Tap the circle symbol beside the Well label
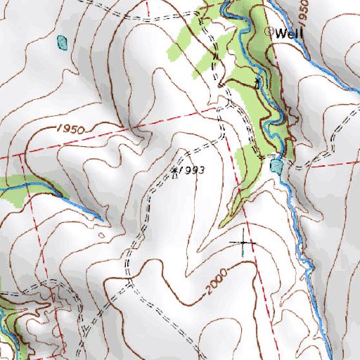pyautogui.click(x=269, y=32)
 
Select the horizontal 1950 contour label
pyautogui.click(x=69, y=130)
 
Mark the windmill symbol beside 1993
pyautogui.click(x=174, y=170)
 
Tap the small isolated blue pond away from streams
pyautogui.click(x=63, y=42)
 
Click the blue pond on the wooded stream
pyautogui.click(x=276, y=166)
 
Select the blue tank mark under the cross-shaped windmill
pyautogui.click(x=244, y=249)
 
